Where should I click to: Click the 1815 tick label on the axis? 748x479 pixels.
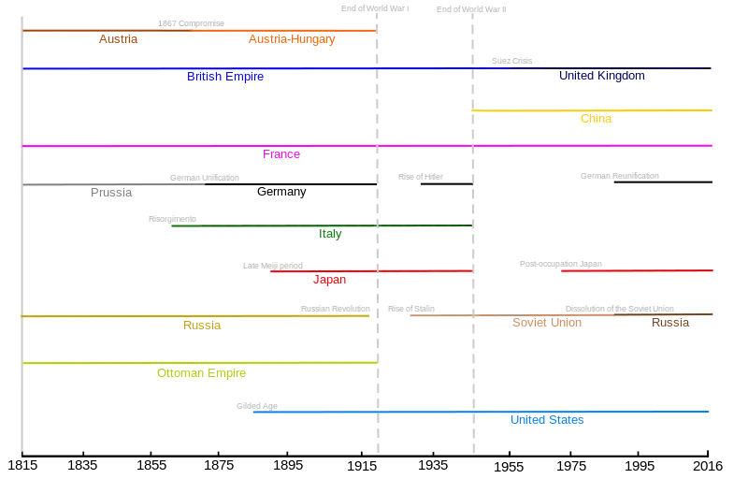22,465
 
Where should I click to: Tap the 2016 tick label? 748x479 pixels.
708,466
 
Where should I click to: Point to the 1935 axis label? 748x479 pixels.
433,465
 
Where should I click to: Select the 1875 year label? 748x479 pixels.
219,465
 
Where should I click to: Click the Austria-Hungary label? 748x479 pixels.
292,39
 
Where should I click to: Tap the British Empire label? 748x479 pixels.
225,77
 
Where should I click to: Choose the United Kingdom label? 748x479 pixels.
602,76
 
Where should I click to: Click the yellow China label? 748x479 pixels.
596,119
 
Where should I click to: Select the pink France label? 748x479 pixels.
281,154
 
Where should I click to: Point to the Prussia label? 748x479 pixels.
111,193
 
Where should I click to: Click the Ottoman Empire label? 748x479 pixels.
201,373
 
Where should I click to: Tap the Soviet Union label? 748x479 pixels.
547,323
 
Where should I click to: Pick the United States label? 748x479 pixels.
547,420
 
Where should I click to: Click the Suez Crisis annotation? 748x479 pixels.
511,61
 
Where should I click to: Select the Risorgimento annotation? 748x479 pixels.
172,219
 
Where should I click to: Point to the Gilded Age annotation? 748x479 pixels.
256,406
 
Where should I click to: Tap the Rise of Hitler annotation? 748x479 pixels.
421,177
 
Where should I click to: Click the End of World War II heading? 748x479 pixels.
471,9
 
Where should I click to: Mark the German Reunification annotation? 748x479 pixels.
620,176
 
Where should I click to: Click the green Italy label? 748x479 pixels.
330,234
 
